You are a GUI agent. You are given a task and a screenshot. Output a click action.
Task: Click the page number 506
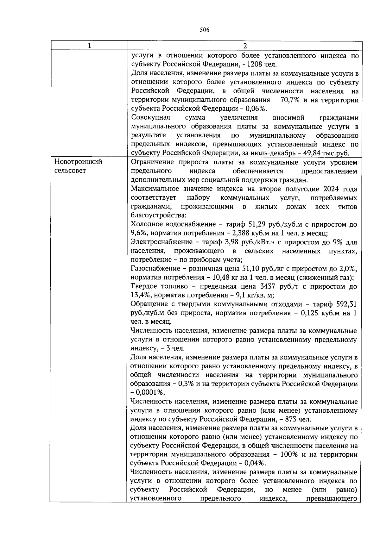(x=205, y=30)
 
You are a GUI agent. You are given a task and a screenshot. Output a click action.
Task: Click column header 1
(x=89, y=46)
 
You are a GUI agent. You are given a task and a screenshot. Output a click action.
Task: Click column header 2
(x=244, y=46)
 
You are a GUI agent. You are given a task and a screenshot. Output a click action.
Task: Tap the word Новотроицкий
(x=78, y=162)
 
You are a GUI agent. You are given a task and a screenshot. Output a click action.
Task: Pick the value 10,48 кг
(x=222, y=278)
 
